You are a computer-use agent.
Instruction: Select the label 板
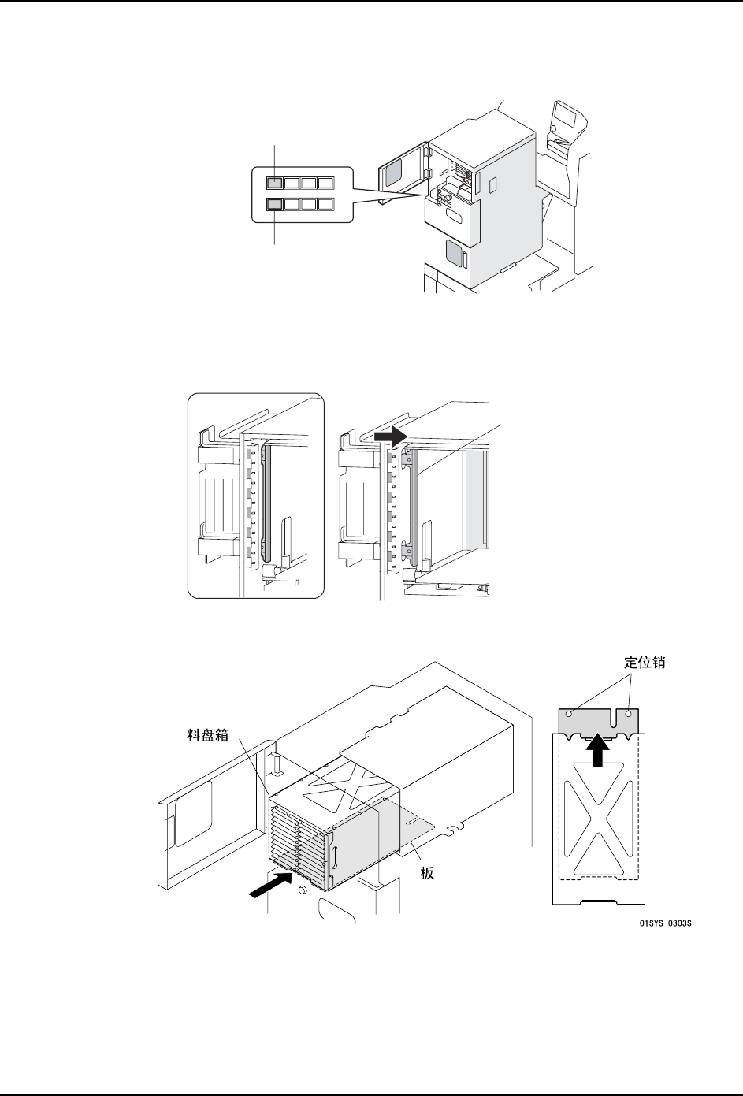point(427,873)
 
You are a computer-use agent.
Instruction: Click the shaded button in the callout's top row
point(273,184)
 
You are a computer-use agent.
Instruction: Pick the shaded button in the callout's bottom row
point(273,206)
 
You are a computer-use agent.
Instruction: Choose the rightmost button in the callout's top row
point(325,184)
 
